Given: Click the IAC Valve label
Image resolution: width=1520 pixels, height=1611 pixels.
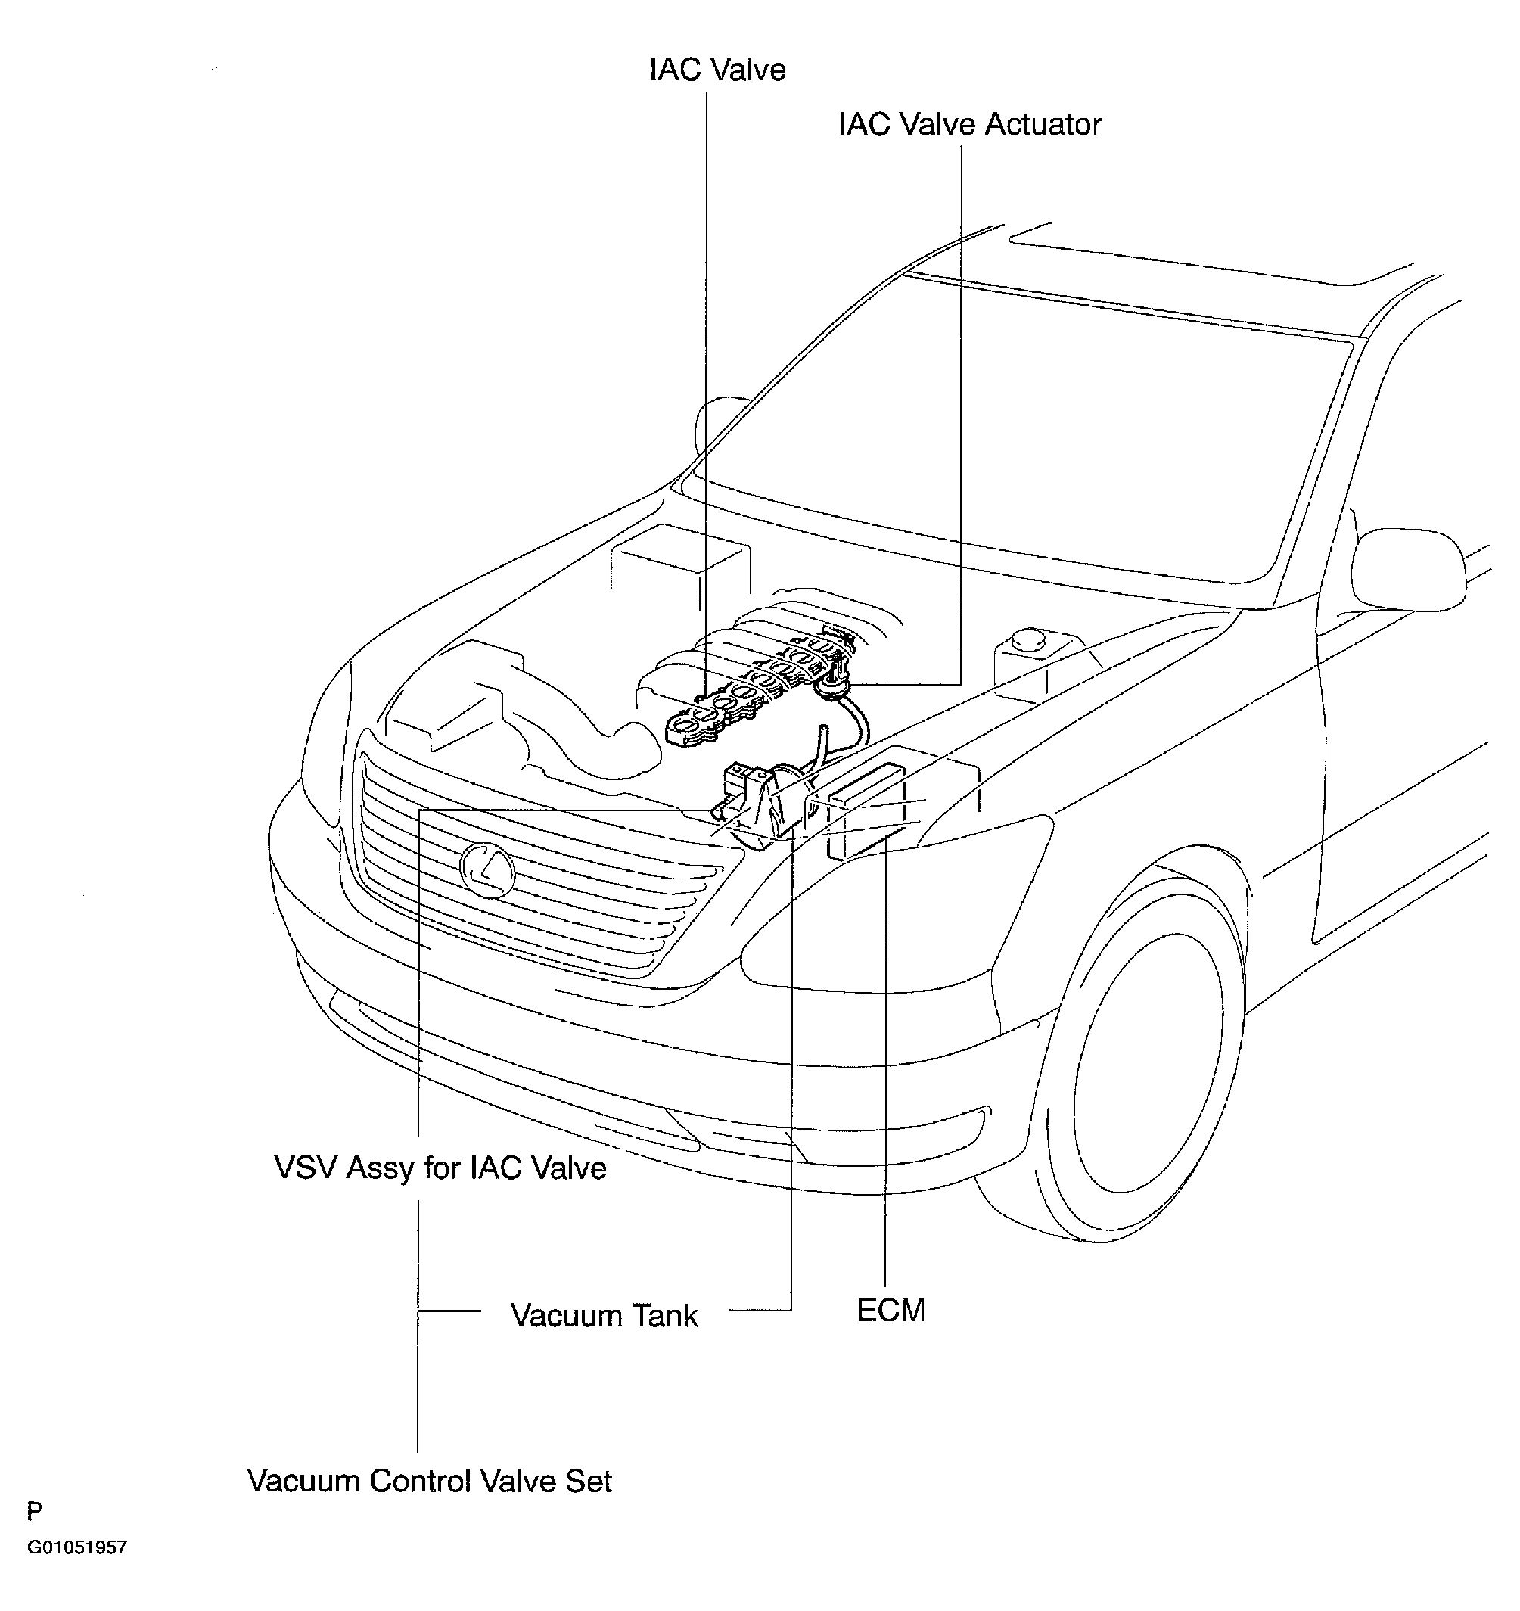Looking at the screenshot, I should (x=717, y=70).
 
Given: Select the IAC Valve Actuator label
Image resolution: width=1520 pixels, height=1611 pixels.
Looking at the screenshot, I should (x=969, y=125).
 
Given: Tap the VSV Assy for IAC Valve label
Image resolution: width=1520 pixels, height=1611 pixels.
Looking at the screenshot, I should (x=440, y=1168).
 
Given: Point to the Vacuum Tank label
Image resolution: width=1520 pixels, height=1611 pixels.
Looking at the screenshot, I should (x=604, y=1314).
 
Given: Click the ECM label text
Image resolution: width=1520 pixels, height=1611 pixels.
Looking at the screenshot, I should (x=891, y=1310).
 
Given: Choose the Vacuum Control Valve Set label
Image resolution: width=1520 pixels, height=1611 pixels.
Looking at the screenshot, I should (x=430, y=1481).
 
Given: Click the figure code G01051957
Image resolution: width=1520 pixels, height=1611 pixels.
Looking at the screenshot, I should (x=77, y=1547).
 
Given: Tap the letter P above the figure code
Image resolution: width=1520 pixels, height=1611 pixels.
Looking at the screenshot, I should (x=34, y=1510).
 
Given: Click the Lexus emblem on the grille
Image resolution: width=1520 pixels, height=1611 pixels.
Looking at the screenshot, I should (x=487, y=869).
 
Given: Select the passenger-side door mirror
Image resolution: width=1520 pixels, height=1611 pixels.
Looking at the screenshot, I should (x=1410, y=568).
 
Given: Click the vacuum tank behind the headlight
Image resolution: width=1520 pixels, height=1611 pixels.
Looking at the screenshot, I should (x=779, y=807).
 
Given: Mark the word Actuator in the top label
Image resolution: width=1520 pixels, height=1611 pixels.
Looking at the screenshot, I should (x=1043, y=125).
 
